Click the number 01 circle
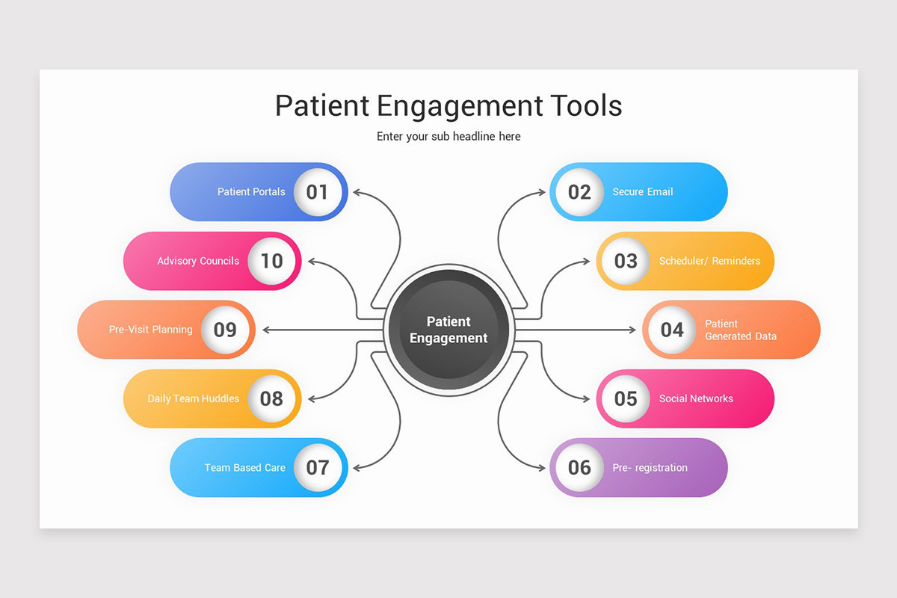click(x=318, y=192)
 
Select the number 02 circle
click(x=579, y=192)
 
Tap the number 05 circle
click(x=626, y=398)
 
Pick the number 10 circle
click(x=271, y=261)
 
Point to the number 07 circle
click(x=318, y=468)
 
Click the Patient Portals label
click(x=251, y=192)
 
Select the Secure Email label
click(x=643, y=192)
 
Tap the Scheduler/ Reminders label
click(x=709, y=261)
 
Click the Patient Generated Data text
click(x=740, y=330)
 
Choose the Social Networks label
click(x=696, y=398)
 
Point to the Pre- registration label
click(x=650, y=468)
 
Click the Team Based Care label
click(x=245, y=468)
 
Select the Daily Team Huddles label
click(x=194, y=398)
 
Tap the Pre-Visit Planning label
click(x=151, y=330)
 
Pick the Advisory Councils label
click(x=198, y=261)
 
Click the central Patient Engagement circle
click(x=449, y=330)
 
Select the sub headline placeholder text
click(x=449, y=137)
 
